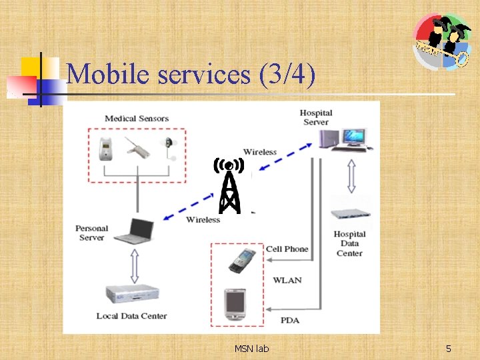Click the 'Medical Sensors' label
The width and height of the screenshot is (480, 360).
click(137, 119)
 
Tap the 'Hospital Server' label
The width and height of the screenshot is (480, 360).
click(315, 117)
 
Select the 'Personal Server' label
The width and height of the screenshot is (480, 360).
click(91, 233)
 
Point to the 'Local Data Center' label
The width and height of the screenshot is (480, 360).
click(131, 316)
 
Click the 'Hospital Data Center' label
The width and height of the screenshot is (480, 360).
click(349, 243)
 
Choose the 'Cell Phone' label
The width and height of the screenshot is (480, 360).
click(287, 249)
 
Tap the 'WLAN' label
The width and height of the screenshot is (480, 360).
click(287, 280)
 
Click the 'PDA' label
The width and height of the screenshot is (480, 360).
click(290, 321)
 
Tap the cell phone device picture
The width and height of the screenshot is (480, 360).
click(238, 260)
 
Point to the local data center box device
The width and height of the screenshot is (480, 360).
click(133, 295)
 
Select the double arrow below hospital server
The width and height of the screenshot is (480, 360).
click(351, 177)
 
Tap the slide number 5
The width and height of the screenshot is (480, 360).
click(449, 349)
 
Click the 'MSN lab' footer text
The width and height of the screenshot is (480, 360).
click(251, 349)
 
